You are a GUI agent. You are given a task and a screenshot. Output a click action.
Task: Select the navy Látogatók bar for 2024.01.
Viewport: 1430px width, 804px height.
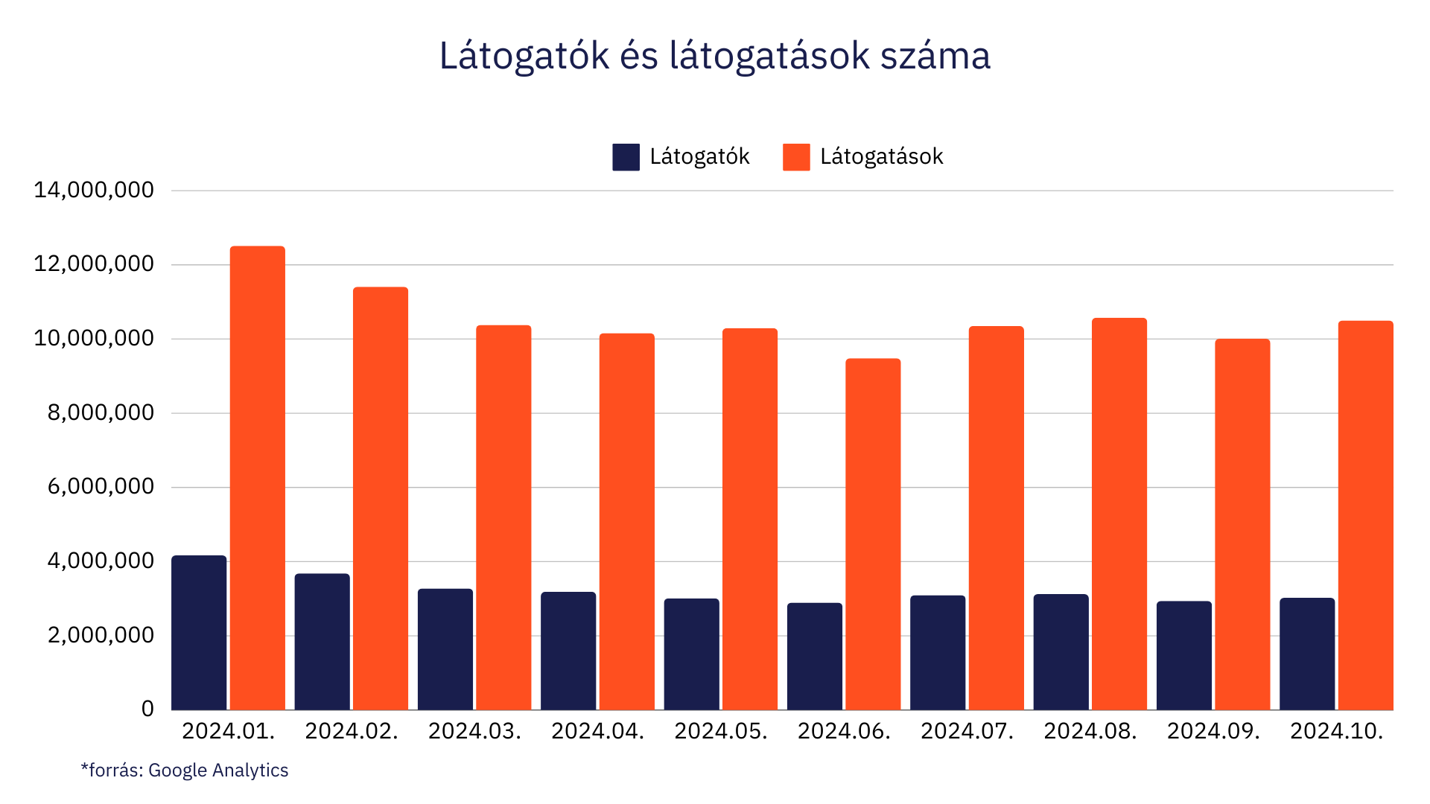tap(199, 633)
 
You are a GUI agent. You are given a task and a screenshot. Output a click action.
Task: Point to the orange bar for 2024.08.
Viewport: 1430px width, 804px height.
tap(1119, 514)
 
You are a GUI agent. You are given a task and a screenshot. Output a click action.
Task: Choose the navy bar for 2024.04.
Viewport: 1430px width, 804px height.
tap(568, 651)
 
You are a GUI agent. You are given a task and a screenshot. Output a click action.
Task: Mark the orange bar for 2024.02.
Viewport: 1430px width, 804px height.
tap(381, 499)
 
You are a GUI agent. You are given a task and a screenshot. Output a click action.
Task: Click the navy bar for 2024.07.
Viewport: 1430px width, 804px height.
tap(938, 652)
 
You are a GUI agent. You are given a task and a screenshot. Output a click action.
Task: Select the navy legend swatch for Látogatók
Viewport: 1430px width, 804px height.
tap(626, 157)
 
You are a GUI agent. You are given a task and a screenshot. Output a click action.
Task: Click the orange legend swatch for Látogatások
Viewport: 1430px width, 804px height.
tap(796, 157)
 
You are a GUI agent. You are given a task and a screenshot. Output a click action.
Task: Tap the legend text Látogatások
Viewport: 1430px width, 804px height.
tap(881, 157)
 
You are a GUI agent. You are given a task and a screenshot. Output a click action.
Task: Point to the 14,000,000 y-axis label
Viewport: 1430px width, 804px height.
tap(94, 191)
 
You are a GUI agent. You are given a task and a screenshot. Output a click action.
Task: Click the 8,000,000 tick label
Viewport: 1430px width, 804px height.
tap(101, 413)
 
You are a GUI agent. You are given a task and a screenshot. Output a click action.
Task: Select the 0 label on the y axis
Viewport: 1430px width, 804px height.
tap(147, 709)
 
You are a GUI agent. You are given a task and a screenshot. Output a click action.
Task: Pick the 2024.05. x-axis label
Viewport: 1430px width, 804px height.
tap(720, 732)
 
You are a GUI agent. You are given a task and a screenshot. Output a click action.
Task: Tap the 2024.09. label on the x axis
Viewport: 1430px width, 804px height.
tap(1213, 732)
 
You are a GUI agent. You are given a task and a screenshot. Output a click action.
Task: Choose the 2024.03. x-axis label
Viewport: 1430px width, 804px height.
tap(474, 732)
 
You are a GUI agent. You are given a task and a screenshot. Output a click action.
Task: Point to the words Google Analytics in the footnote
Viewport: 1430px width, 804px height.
tap(218, 770)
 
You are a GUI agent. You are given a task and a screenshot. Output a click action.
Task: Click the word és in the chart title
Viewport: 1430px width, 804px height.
tap(639, 57)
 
